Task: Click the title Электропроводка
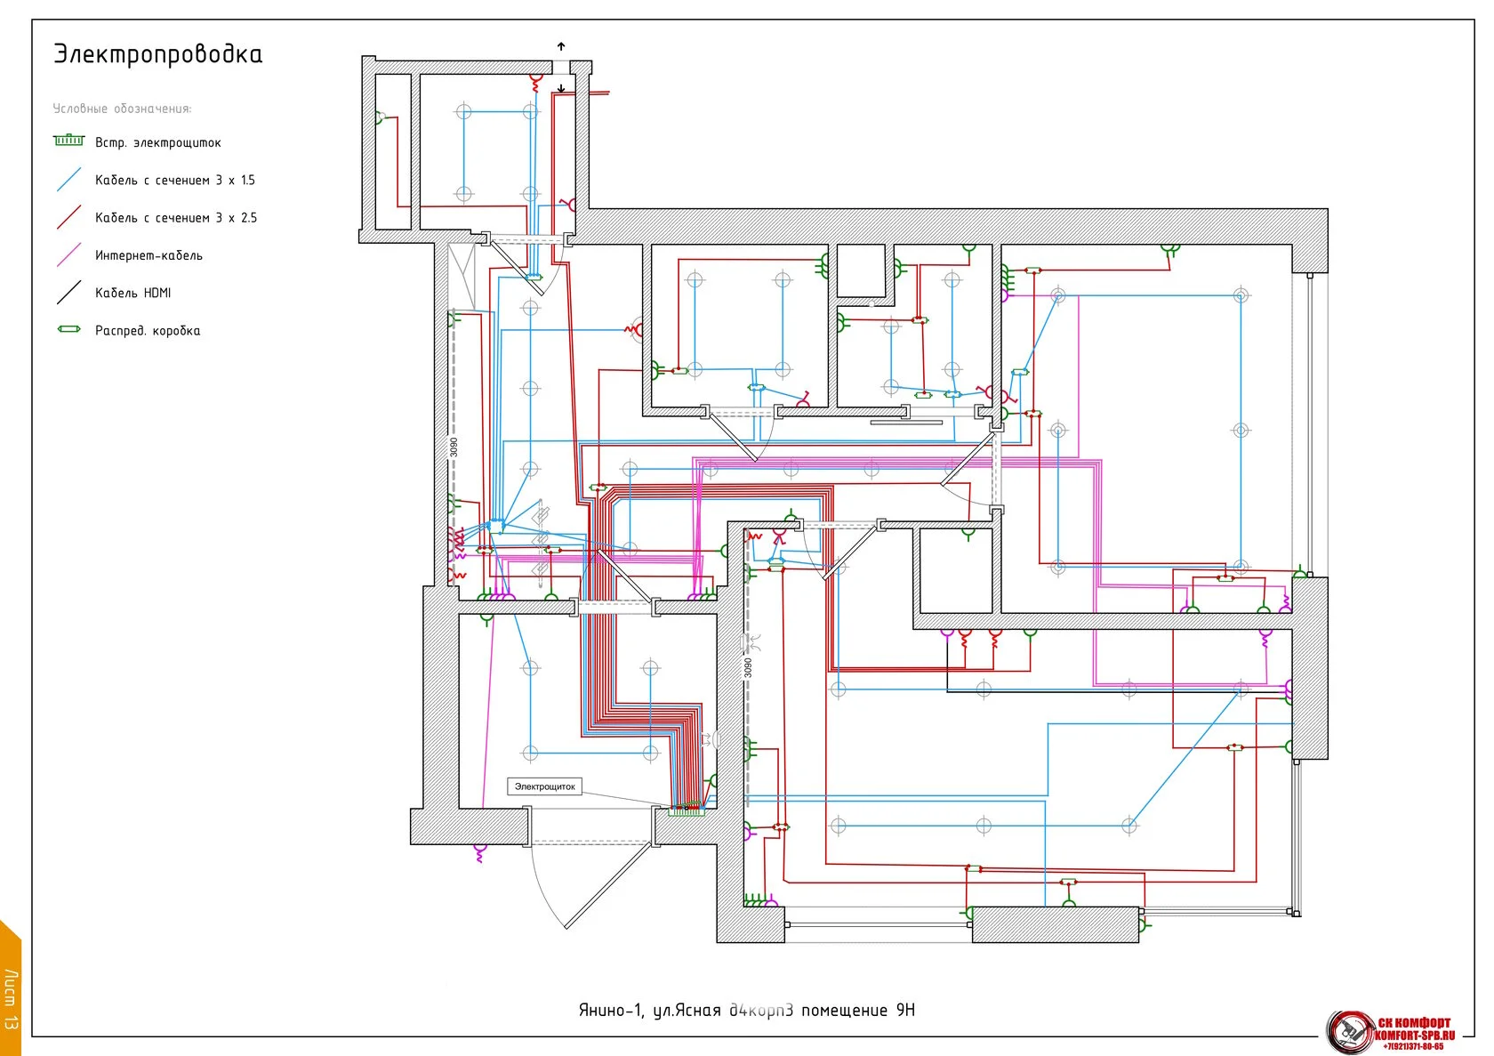tap(157, 54)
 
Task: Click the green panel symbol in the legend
tap(68, 140)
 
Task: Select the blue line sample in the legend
tap(68, 180)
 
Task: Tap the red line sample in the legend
tap(68, 217)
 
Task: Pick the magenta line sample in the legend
tap(68, 254)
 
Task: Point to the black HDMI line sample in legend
tap(68, 292)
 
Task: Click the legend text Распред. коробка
tap(148, 331)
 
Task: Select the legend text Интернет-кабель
tap(149, 255)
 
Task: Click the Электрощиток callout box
tap(544, 786)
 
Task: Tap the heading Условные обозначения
tap(122, 109)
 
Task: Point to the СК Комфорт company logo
tap(1392, 1031)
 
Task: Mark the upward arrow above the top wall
tap(561, 46)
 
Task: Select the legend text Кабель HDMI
tap(133, 293)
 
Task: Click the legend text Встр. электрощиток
tap(157, 142)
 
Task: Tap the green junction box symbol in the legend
tap(68, 329)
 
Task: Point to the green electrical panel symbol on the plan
tap(687, 810)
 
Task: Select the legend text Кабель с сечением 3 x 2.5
tap(175, 218)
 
